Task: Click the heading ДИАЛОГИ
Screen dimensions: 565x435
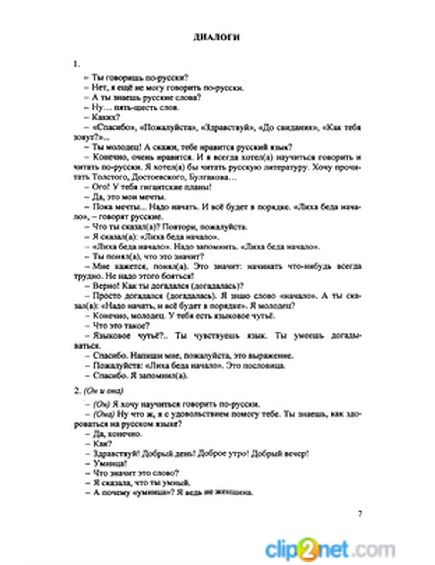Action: click(x=216, y=37)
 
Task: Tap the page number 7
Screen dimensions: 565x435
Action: click(x=360, y=513)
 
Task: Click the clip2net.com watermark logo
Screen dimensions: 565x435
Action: click(x=330, y=548)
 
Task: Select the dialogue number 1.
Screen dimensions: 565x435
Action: click(x=76, y=64)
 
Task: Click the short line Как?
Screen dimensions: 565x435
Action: click(x=102, y=444)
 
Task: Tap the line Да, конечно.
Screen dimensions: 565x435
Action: click(x=117, y=434)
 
